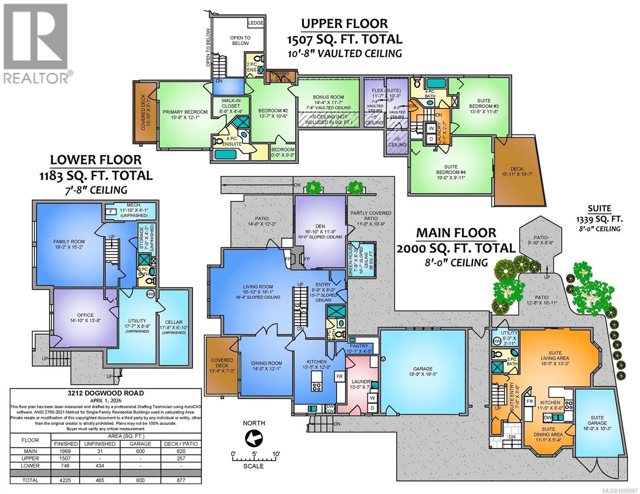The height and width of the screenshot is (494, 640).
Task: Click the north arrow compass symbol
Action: (x=253, y=438)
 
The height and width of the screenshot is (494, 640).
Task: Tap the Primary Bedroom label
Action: (x=185, y=112)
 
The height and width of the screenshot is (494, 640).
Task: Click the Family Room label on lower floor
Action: (x=69, y=242)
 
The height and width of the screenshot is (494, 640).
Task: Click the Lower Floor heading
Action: (x=96, y=160)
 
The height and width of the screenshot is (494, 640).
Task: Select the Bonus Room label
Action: (x=328, y=97)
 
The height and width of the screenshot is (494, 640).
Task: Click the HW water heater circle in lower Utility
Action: (x=150, y=294)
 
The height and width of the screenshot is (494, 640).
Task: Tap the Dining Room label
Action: (x=267, y=363)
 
